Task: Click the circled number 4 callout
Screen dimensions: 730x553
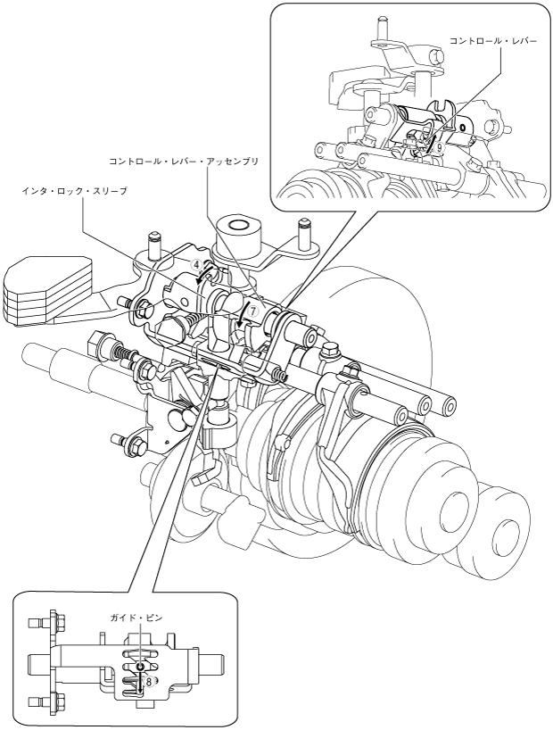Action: point(196,265)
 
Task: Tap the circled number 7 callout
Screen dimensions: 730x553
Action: point(252,311)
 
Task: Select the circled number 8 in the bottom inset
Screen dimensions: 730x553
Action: point(149,681)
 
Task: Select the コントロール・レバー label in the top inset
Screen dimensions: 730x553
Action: point(493,42)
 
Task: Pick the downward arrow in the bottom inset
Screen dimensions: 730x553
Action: point(139,684)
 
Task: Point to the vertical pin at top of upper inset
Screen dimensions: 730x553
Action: point(380,28)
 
